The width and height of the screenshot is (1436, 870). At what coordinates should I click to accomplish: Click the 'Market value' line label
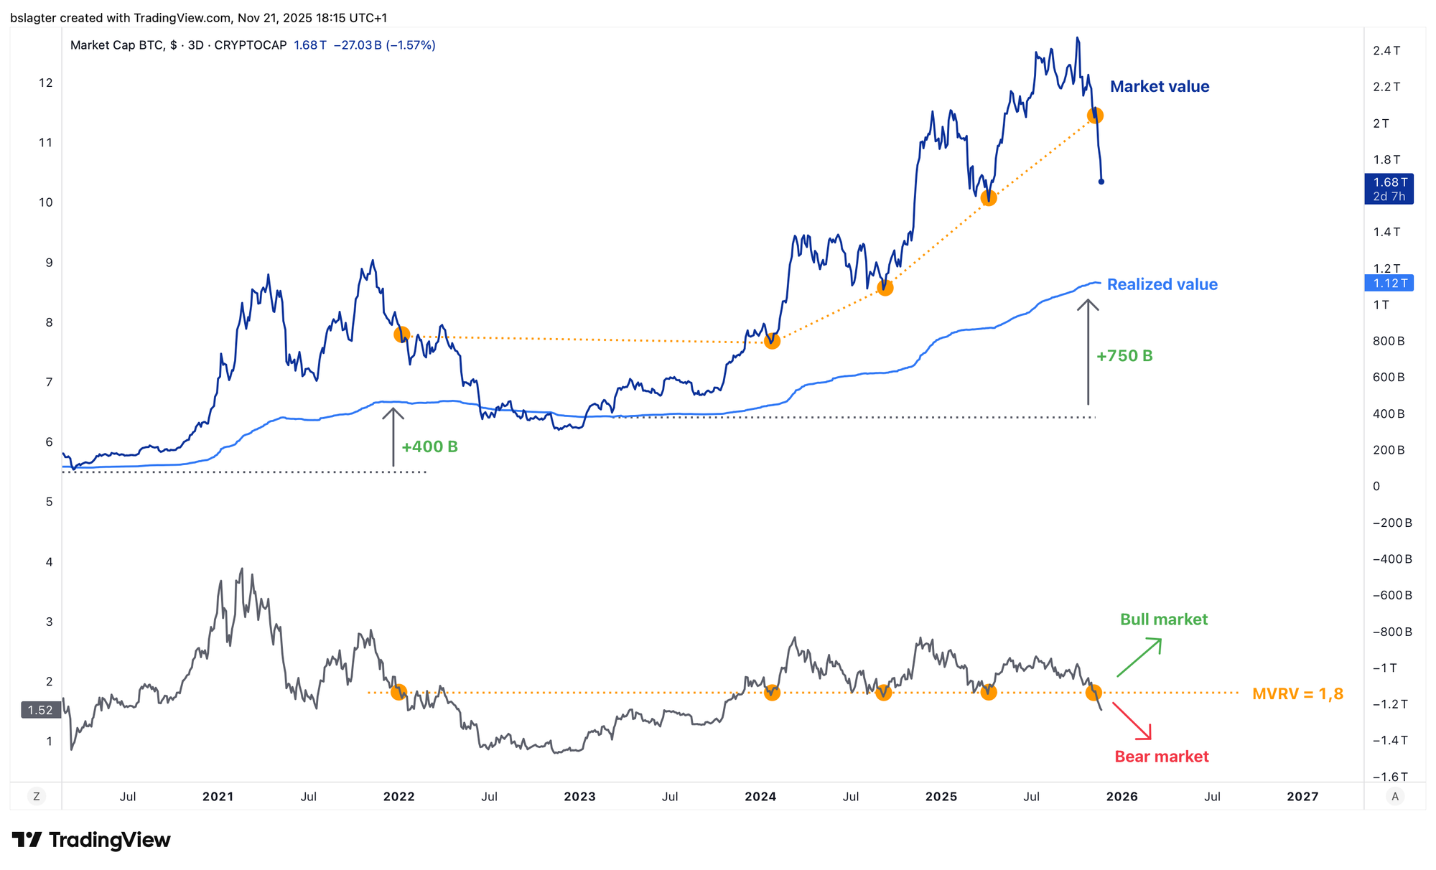click(1159, 87)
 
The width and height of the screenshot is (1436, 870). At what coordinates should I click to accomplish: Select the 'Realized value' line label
click(1162, 284)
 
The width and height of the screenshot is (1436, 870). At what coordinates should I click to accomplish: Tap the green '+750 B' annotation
click(1124, 356)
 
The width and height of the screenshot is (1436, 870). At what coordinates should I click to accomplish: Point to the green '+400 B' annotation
click(429, 446)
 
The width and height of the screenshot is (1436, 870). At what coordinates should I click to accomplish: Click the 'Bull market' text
click(1163, 619)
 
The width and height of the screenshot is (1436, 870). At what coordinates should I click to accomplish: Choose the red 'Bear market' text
click(1161, 757)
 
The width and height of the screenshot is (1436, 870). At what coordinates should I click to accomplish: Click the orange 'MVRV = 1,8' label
click(1297, 694)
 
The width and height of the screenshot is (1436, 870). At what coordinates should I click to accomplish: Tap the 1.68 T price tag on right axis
click(1389, 189)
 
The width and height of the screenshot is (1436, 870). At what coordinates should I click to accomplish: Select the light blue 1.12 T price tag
click(1389, 284)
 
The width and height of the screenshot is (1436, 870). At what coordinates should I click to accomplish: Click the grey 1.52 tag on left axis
click(40, 710)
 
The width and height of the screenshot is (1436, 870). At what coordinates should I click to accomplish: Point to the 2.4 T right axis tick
click(1386, 50)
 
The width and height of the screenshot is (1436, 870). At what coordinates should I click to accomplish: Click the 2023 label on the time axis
click(579, 797)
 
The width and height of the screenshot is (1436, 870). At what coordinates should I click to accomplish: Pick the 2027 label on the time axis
click(1302, 797)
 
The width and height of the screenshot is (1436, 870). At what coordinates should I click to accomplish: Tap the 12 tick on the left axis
click(46, 83)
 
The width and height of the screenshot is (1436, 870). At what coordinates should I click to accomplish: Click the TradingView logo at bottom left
click(91, 840)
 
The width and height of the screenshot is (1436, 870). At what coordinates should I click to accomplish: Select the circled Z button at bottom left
click(36, 796)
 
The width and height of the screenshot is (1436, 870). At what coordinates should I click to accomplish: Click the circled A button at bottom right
click(1394, 796)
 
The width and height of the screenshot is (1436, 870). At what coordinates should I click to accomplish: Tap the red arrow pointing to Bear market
click(1132, 721)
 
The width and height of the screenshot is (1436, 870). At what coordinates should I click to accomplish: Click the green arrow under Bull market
click(1139, 657)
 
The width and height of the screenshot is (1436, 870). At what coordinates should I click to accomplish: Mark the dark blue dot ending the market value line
click(1101, 182)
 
